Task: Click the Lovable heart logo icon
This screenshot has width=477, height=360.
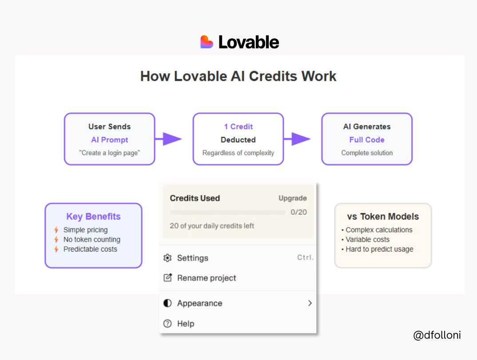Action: [207, 42]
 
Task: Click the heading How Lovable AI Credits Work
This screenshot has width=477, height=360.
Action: [238, 76]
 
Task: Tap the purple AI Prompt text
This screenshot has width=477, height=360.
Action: [110, 140]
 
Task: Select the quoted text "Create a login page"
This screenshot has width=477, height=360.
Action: [110, 153]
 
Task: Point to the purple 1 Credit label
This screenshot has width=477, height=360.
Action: [238, 127]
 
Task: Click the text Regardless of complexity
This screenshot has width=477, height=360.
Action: [238, 153]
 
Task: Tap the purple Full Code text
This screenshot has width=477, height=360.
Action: [367, 140]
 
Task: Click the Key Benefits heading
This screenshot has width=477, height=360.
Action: [93, 217]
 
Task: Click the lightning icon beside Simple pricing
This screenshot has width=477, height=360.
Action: [56, 230]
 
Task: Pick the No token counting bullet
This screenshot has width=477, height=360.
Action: [91, 240]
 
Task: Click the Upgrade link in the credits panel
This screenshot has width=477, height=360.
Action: [292, 198]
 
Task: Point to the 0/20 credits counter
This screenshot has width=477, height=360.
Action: [298, 212]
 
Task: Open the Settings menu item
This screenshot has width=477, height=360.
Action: [192, 258]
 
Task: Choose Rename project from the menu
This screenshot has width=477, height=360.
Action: [207, 278]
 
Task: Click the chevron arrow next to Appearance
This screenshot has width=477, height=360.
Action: [310, 303]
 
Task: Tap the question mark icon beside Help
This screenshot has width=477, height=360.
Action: [167, 324]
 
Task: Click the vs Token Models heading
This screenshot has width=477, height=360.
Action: [383, 217]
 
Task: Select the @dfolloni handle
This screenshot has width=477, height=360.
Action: [437, 335]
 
